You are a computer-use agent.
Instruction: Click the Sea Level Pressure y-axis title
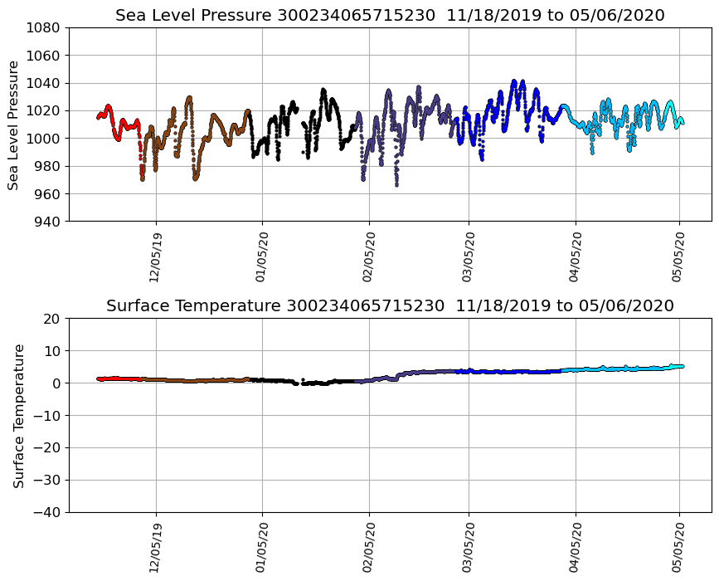(14, 124)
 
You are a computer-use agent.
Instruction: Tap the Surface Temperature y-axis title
(17, 415)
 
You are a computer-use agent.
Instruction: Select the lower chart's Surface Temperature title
(195, 306)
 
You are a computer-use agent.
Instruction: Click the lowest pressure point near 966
(396, 184)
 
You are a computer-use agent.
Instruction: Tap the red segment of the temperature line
(116, 378)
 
